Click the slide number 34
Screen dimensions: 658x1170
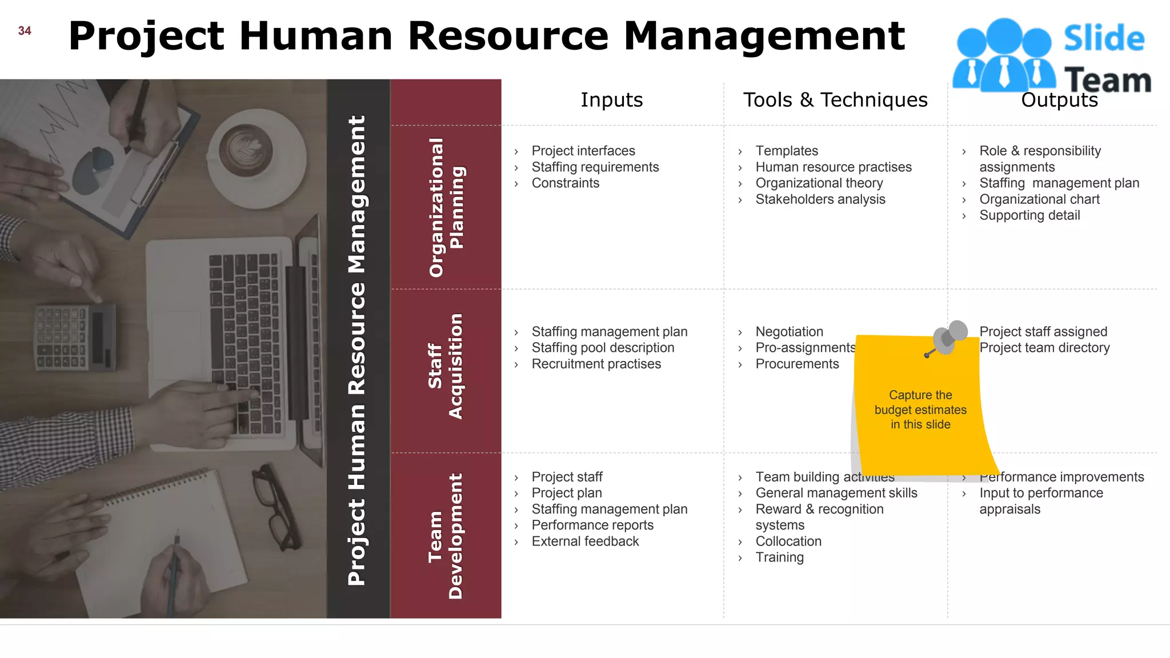pyautogui.click(x=25, y=31)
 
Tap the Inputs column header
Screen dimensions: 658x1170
pyautogui.click(x=611, y=100)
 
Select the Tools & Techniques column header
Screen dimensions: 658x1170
pyautogui.click(x=835, y=100)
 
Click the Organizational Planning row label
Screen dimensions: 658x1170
pyautogui.click(x=447, y=207)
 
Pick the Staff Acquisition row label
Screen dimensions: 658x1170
pyautogui.click(x=446, y=366)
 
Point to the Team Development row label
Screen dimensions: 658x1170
pyautogui.click(x=446, y=536)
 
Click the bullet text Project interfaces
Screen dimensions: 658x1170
pyautogui.click(x=583, y=151)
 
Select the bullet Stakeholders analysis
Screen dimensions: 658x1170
pyautogui.click(x=820, y=199)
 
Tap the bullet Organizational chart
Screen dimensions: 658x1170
pyautogui.click(x=1039, y=199)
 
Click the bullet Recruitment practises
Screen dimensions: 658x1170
pyautogui.click(x=596, y=364)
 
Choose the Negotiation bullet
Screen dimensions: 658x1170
pyautogui.click(x=789, y=332)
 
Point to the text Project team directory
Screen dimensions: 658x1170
pyautogui.click(x=1044, y=348)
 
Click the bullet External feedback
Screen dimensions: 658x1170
pyautogui.click(x=585, y=541)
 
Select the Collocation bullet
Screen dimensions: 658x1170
pyautogui.click(x=788, y=541)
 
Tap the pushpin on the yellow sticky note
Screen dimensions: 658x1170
pyautogui.click(x=949, y=338)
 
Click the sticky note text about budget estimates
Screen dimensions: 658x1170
pyautogui.click(x=920, y=410)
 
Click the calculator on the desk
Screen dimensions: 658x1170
pyautogui.click(x=74, y=336)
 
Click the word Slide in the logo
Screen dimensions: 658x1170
pyautogui.click(x=1104, y=39)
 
